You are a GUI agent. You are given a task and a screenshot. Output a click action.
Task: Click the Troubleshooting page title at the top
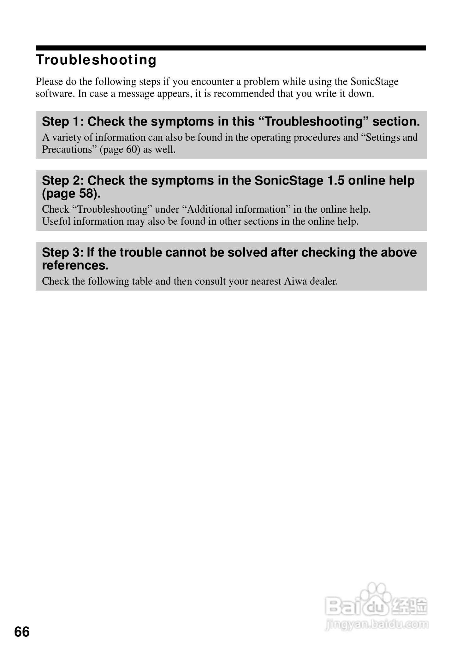(96, 60)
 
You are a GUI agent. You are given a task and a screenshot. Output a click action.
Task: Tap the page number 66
(22, 632)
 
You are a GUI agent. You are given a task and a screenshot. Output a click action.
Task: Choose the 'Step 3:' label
(62, 252)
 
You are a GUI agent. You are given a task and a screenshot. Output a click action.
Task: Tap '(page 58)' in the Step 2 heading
(71, 193)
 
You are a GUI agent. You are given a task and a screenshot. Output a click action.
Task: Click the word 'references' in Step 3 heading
(75, 265)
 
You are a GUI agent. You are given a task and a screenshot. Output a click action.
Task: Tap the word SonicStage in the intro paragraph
(374, 81)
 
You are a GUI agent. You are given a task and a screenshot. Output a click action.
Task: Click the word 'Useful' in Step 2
(56, 221)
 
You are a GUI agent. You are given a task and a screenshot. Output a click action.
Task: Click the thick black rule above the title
(230, 48)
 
